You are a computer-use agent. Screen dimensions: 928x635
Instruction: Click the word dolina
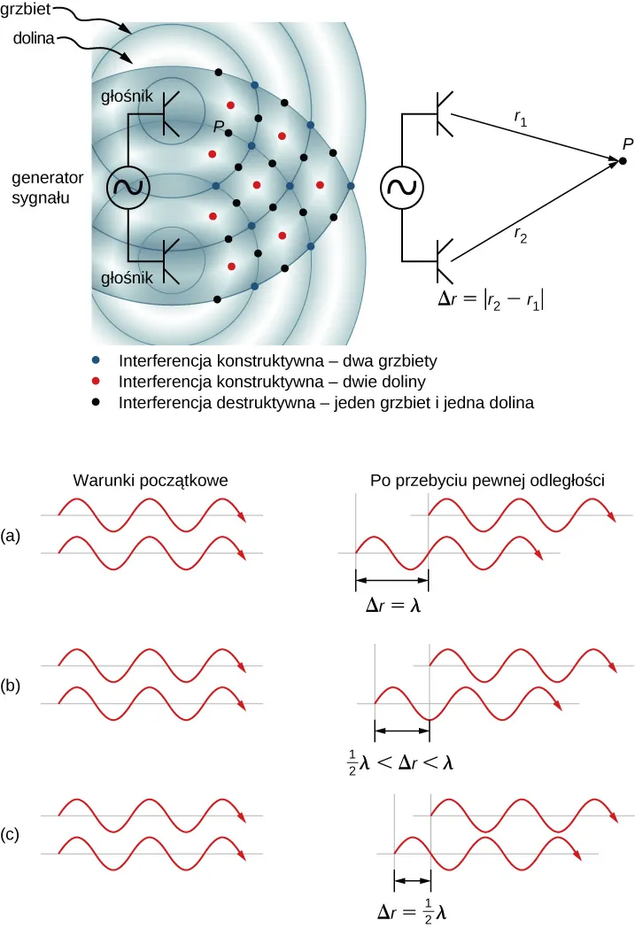click(x=30, y=40)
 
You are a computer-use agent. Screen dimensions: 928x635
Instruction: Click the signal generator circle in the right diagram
click(x=403, y=187)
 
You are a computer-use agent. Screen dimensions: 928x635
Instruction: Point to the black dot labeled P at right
click(x=623, y=160)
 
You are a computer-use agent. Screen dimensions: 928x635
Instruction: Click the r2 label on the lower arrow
click(x=521, y=236)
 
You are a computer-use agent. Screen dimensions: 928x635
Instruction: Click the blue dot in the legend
click(x=97, y=362)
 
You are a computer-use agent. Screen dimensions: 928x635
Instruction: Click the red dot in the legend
click(x=97, y=382)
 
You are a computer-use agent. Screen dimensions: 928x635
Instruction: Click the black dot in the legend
click(x=97, y=402)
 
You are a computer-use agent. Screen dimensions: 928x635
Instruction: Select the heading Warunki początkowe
click(x=151, y=481)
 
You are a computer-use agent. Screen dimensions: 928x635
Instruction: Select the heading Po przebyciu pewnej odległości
click(x=487, y=481)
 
